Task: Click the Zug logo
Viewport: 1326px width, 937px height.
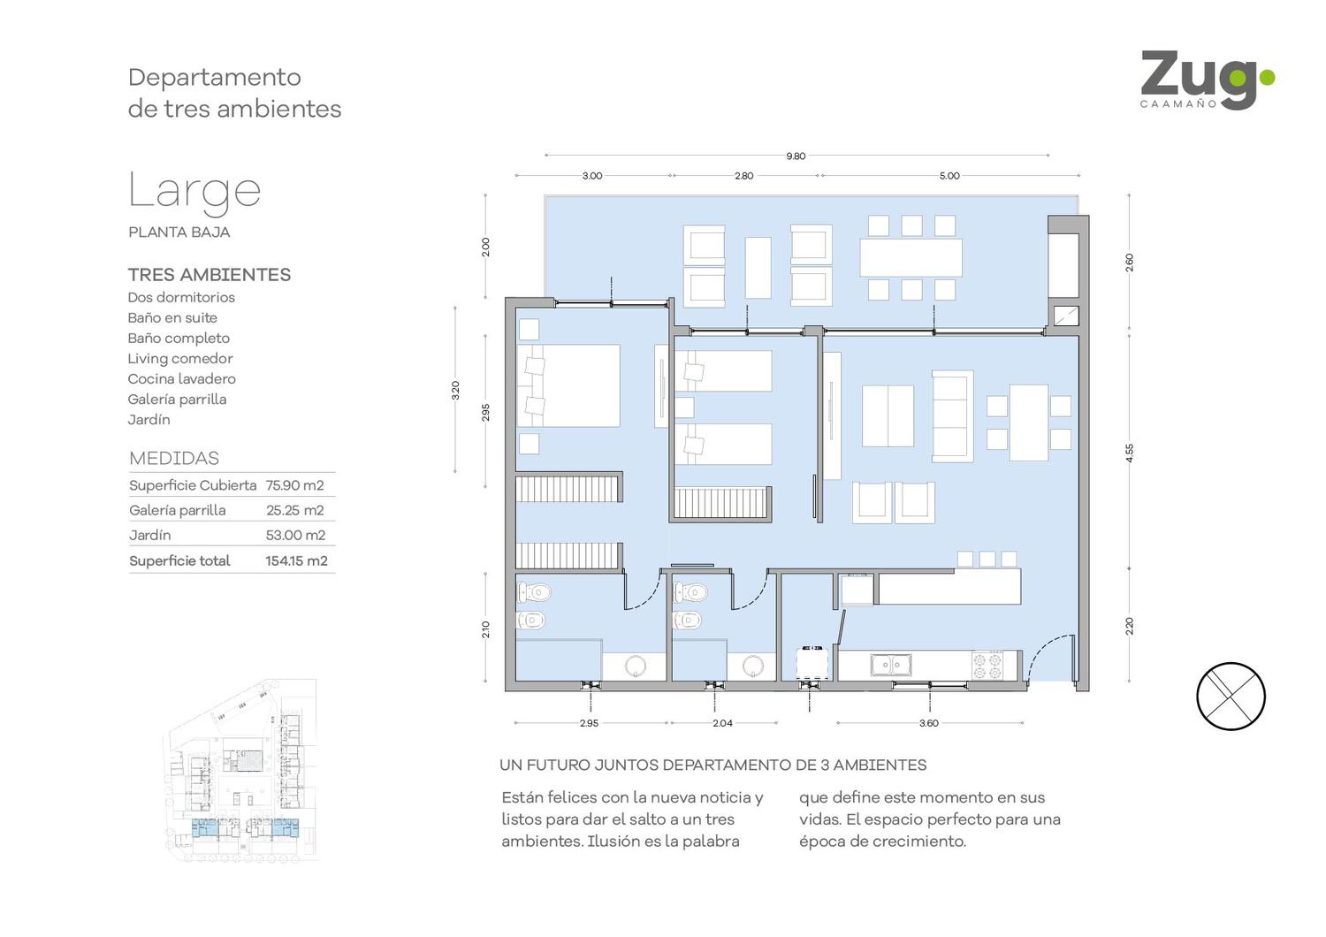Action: [x=1207, y=80]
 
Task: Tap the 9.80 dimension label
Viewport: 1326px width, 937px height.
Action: [x=796, y=156]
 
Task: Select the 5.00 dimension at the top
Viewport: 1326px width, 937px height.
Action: [x=949, y=176]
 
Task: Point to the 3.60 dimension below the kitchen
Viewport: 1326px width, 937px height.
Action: [x=929, y=723]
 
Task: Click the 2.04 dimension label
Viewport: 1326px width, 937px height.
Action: [x=722, y=723]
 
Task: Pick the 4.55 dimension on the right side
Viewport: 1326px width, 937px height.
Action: [x=1129, y=453]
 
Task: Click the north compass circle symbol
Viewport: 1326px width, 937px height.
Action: [x=1231, y=696]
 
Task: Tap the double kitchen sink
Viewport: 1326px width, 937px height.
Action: [x=891, y=665]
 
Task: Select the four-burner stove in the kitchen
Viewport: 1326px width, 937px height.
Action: [x=987, y=666]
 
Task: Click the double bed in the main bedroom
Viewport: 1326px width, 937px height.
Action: [x=568, y=386]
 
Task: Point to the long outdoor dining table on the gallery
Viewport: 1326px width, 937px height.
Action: [x=911, y=257]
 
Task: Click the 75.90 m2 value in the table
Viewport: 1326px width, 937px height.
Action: [x=294, y=485]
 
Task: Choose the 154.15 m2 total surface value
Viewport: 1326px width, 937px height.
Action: [x=296, y=560]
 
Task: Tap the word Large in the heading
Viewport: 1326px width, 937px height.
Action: [x=194, y=191]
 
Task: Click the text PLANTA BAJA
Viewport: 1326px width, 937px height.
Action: [x=179, y=232]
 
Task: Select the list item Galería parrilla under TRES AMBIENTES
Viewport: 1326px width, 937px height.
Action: [x=177, y=399]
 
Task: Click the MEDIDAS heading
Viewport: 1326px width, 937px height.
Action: [x=174, y=458]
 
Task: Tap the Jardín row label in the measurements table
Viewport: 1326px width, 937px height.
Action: [x=149, y=535]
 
